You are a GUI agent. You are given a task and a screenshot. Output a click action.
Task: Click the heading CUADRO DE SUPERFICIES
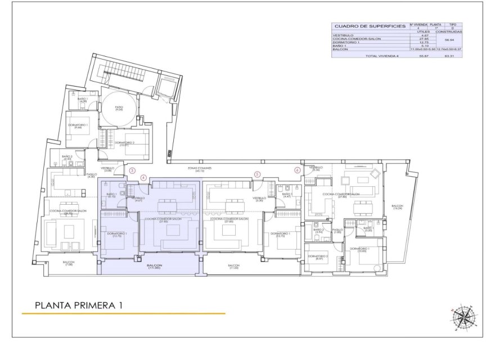[369, 26]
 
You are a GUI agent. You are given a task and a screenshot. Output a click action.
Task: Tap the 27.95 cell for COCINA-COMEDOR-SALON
[417, 38]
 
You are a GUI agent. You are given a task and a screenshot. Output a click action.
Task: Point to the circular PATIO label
[119, 108]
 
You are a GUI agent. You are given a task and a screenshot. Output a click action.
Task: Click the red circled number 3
[132, 170]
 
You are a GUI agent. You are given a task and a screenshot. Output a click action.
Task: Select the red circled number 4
[144, 178]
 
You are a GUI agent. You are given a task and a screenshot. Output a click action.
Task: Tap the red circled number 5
[258, 174]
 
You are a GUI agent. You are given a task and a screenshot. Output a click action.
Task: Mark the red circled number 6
[298, 170]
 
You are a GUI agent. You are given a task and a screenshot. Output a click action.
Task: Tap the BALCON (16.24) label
[398, 206]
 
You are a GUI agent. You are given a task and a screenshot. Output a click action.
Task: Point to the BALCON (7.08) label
[69, 263]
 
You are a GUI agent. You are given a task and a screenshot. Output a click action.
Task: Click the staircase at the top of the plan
[120, 73]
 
